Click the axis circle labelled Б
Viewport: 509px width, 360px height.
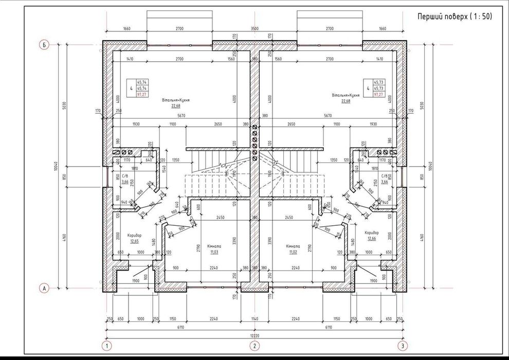pyautogui.click(x=45, y=45)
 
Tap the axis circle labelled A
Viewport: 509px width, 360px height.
pyautogui.click(x=45, y=289)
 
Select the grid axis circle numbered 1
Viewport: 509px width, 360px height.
pyautogui.click(x=107, y=345)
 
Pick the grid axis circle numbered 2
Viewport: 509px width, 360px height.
pyautogui.click(x=254, y=345)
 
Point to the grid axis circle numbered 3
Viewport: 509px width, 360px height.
pyautogui.click(x=403, y=345)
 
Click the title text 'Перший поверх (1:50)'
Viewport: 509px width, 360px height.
pyautogui.click(x=455, y=17)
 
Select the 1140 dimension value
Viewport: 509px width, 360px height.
pyautogui.click(x=254, y=319)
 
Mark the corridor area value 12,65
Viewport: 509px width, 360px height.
pyautogui.click(x=135, y=241)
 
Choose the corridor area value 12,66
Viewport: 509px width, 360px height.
pyautogui.click(x=371, y=238)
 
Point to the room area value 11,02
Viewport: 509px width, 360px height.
pyautogui.click(x=293, y=252)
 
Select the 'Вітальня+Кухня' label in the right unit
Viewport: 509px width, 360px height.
pyautogui.click(x=345, y=96)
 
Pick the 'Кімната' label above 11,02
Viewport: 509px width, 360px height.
pyautogui.click(x=293, y=246)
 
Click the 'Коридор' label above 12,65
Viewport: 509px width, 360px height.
pyautogui.click(x=135, y=235)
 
